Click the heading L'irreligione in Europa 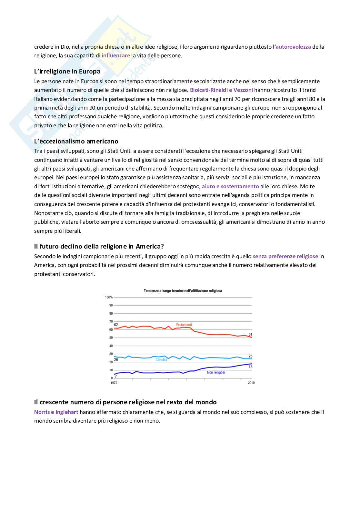pos(67,71)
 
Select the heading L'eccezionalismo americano pos(76,141)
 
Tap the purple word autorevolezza pos(293,47)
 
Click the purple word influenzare pos(116,55)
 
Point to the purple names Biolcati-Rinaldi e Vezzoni pos(221,90)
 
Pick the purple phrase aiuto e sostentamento pos(230,186)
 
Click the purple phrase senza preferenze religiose pos(285,256)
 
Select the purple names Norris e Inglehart pos(56,412)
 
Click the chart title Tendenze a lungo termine pos(183,290)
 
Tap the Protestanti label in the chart pos(184,325)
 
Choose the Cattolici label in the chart pos(161,359)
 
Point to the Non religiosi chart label pos(216,372)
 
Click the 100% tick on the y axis pos(109,297)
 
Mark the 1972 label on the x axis pos(114,383)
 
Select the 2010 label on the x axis pos(251,383)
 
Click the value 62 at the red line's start pos(116,325)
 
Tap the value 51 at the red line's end pos(250,334)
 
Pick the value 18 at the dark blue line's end pos(250,367)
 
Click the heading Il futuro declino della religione pos(99,247)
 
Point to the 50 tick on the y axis pos(111,338)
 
